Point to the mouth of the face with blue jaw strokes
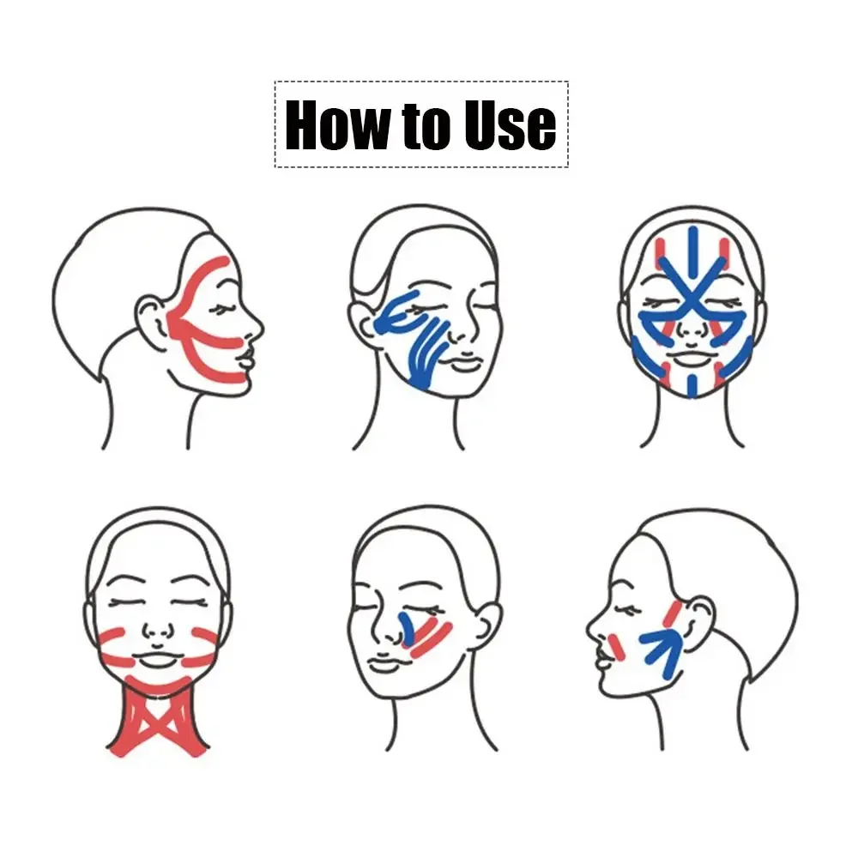click(463, 360)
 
